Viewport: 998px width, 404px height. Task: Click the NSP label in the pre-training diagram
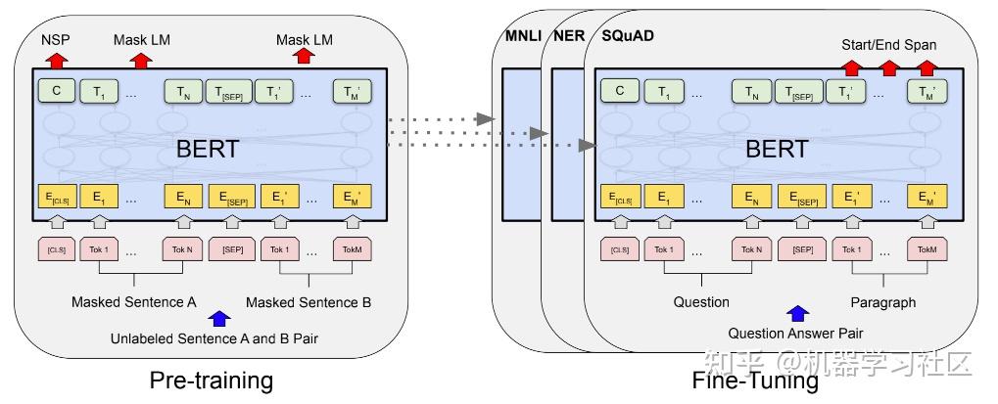(x=56, y=40)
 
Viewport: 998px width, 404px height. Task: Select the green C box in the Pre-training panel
(x=56, y=92)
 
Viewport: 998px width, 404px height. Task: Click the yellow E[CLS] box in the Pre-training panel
(x=56, y=197)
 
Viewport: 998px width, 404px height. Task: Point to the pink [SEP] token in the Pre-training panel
(x=232, y=250)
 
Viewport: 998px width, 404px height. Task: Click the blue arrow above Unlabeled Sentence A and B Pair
(x=220, y=318)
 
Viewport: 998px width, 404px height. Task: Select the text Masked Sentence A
(x=134, y=302)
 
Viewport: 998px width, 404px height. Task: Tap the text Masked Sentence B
(x=309, y=302)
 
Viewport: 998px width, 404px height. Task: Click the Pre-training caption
(x=211, y=380)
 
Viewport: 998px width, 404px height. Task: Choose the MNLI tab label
(x=523, y=37)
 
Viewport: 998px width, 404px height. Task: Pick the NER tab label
(x=568, y=37)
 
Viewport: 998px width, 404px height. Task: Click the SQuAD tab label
(x=626, y=37)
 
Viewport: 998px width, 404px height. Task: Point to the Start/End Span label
(x=888, y=45)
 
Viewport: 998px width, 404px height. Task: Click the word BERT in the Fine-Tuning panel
(x=777, y=150)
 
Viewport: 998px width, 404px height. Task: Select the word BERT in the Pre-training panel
(x=207, y=150)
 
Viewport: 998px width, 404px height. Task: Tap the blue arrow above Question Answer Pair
(x=798, y=314)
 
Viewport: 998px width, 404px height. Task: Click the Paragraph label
(x=882, y=302)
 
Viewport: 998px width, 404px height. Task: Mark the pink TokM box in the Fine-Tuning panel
(x=927, y=250)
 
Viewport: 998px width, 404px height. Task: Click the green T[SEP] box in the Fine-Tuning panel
(x=797, y=92)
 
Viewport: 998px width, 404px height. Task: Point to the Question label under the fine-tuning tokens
(x=701, y=302)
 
